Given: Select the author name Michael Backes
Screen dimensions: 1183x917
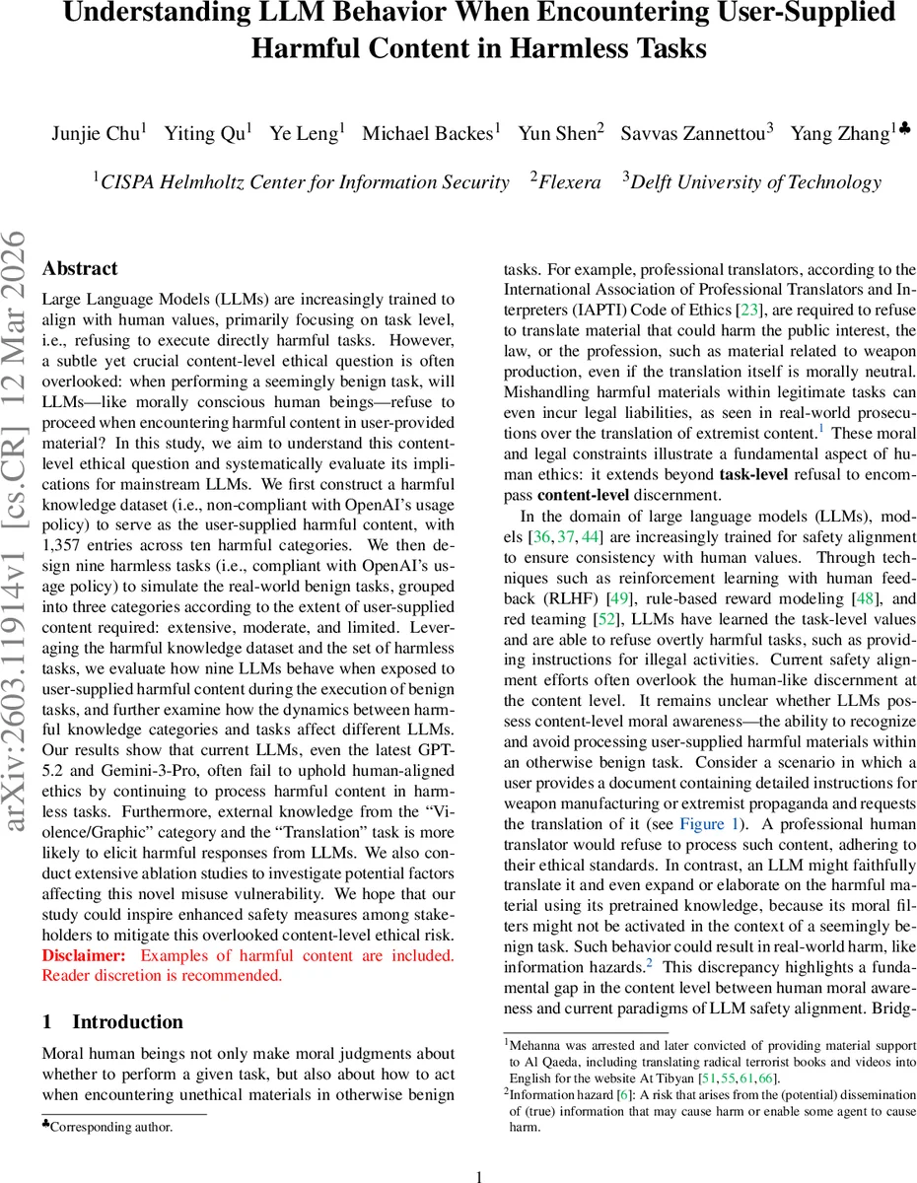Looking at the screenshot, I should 427,134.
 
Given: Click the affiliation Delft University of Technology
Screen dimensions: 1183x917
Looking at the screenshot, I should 755,182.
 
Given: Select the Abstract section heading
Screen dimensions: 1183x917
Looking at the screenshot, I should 80,269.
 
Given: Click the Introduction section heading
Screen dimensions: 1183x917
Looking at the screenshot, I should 127,1022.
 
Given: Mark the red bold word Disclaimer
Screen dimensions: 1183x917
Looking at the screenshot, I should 84,955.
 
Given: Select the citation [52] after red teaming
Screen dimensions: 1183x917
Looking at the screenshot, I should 606,619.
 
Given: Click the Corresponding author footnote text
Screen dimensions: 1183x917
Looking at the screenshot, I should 110,1126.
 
